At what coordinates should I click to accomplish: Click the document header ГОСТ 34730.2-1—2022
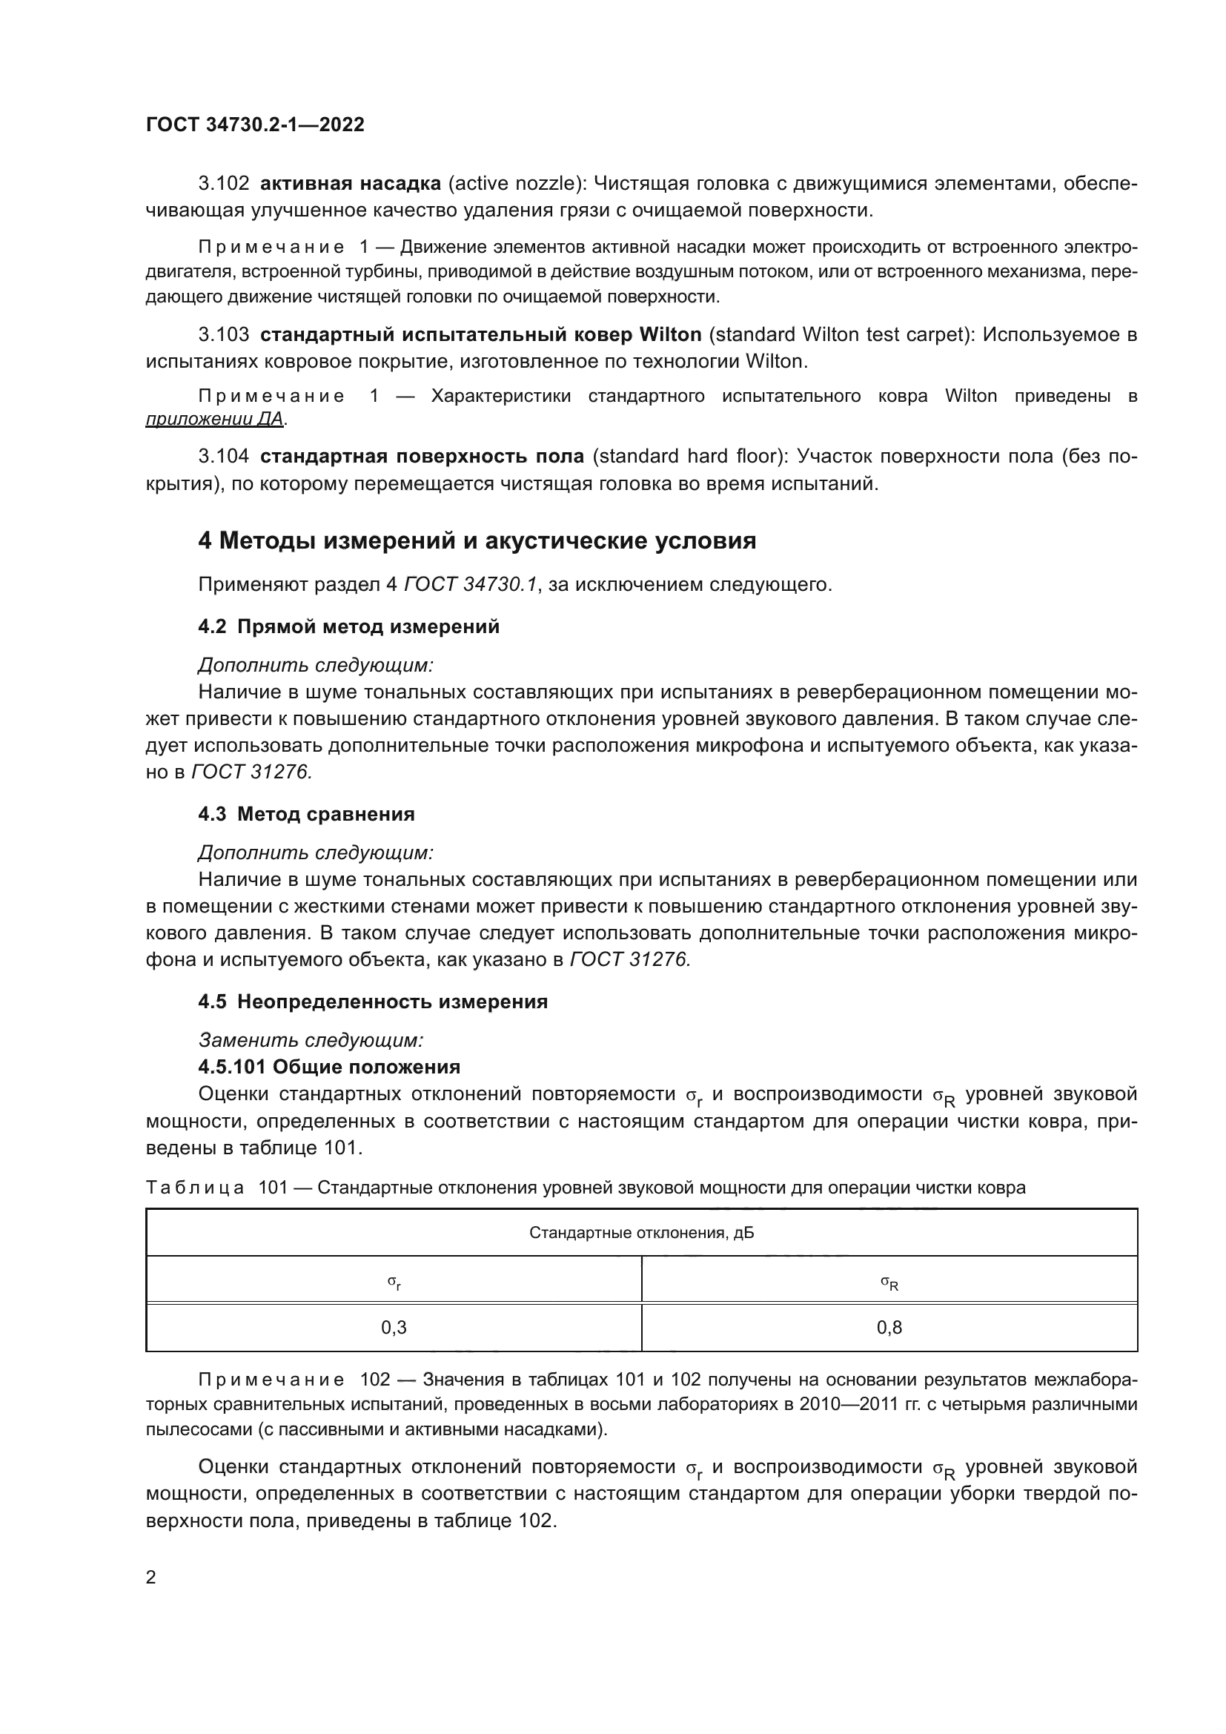pos(255,125)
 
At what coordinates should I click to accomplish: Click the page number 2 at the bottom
pos(151,1578)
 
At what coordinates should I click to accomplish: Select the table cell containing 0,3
pos(394,1327)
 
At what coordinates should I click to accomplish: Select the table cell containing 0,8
pos(889,1327)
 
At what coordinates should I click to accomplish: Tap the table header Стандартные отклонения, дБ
pos(641,1233)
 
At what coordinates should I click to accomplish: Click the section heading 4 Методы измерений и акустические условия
pos(477,540)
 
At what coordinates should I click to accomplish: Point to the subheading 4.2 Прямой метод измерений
pos(349,627)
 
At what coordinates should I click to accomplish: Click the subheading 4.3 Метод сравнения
pos(307,814)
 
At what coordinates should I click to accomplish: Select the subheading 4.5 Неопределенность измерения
pos(373,1002)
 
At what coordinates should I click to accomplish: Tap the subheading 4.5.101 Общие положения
pos(329,1066)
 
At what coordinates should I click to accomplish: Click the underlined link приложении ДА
pos(215,419)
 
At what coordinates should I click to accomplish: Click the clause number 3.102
pos(223,184)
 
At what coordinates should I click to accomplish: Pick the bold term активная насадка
pos(351,184)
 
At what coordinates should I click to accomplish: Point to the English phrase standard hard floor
pos(688,456)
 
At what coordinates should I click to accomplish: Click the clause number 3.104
pos(223,456)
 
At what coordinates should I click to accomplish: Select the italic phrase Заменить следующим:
pos(311,1040)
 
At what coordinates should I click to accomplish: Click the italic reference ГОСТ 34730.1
pos(471,584)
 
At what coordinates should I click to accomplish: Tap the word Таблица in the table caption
pos(195,1187)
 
